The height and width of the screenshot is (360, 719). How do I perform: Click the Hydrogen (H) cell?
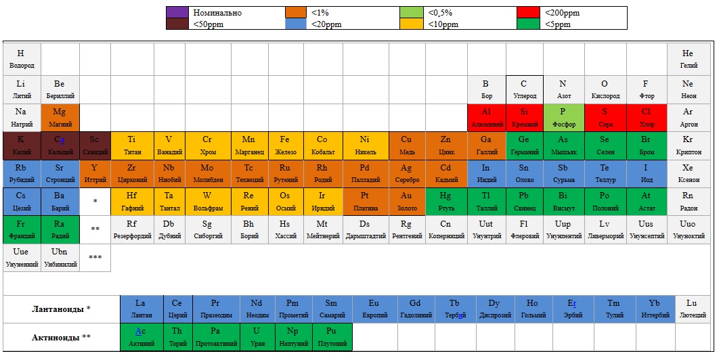pyautogui.click(x=21, y=59)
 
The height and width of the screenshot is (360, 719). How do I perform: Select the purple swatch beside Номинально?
pyautogui.click(x=177, y=12)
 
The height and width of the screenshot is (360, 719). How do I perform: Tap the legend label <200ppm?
pyautogui.click(x=562, y=12)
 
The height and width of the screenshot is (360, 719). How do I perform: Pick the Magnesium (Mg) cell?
pyautogui.click(x=60, y=117)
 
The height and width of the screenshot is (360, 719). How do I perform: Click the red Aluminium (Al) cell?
pyautogui.click(x=486, y=117)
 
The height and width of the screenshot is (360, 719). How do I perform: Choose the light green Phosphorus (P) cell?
pyautogui.click(x=563, y=117)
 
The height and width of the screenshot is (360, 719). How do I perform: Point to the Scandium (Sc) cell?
pyautogui.click(x=94, y=145)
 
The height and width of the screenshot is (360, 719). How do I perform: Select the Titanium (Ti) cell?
pyautogui.click(x=131, y=145)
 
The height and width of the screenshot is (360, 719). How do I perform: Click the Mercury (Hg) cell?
pyautogui.click(x=445, y=201)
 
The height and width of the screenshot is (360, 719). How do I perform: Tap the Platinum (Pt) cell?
pyautogui.click(x=365, y=201)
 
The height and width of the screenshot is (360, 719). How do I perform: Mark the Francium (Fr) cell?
pyautogui.click(x=21, y=229)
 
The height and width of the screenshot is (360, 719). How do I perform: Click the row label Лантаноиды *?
pyautogui.click(x=61, y=309)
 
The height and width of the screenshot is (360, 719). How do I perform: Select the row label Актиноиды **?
pyautogui.click(x=61, y=337)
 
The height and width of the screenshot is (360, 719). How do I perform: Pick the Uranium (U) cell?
pyautogui.click(x=256, y=336)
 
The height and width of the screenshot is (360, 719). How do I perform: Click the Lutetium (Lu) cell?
pyautogui.click(x=691, y=309)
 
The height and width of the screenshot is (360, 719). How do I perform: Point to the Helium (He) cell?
pyautogui.click(x=688, y=59)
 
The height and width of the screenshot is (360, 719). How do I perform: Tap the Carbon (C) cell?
pyautogui.click(x=524, y=89)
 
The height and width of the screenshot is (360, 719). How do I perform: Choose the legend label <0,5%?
pyautogui.click(x=440, y=12)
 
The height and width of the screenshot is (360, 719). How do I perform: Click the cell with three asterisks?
pyautogui.click(x=95, y=258)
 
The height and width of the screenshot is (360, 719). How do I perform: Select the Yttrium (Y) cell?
pyautogui.click(x=94, y=173)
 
